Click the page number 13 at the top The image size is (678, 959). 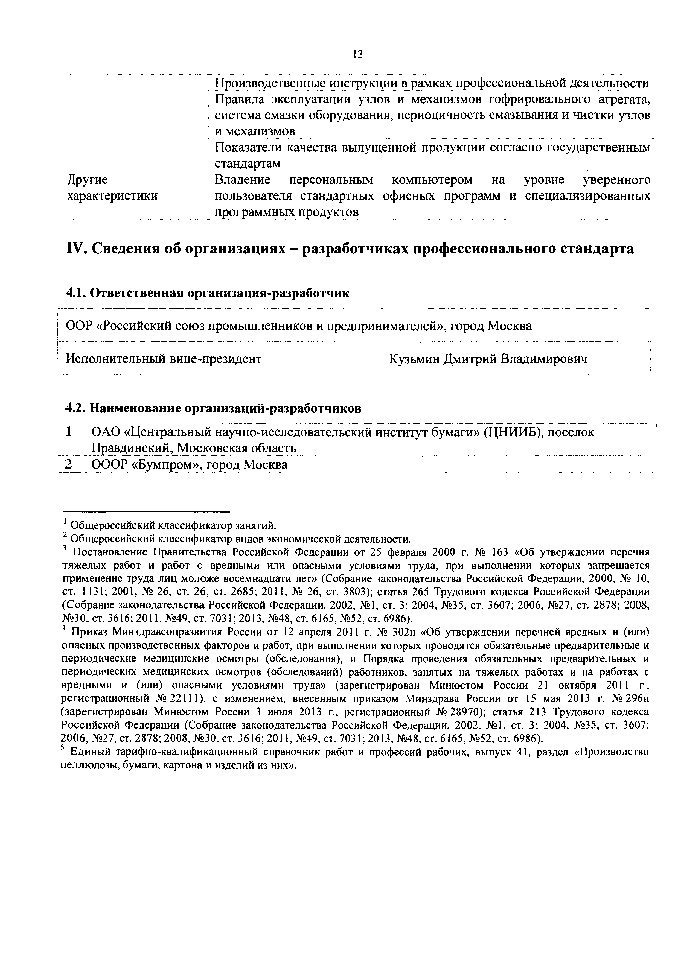click(357, 54)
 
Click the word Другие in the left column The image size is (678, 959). click(87, 180)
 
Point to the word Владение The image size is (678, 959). click(242, 180)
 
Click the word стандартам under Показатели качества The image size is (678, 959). click(247, 164)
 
